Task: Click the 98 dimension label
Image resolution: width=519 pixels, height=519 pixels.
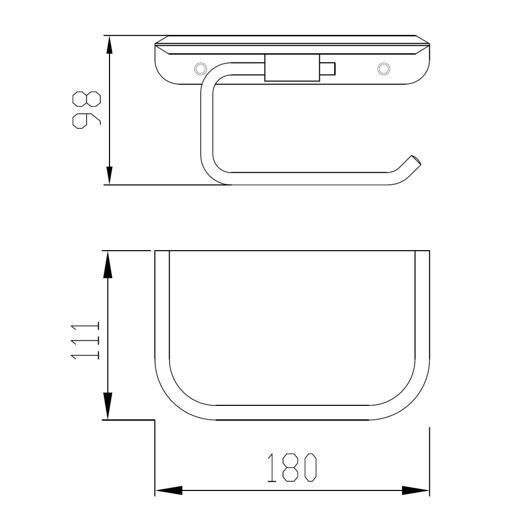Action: tap(86, 110)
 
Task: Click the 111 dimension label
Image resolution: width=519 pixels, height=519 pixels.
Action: tap(85, 340)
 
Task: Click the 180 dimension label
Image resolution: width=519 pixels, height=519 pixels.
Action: tap(292, 467)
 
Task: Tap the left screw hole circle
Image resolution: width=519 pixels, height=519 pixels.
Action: tap(200, 69)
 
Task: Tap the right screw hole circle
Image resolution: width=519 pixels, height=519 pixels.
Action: tap(384, 69)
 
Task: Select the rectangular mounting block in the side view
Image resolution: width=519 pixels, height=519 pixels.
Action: tap(292, 67)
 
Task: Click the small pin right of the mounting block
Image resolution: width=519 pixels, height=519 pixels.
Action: tap(327, 69)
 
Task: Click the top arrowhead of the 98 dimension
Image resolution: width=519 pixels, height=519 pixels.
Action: tap(109, 44)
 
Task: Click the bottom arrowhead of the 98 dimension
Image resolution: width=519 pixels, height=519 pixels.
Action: tap(109, 175)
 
